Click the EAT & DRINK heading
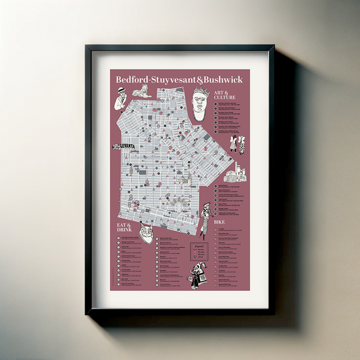(123, 228)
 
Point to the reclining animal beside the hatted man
(140, 92)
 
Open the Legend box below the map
(196, 252)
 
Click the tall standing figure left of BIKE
(204, 217)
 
